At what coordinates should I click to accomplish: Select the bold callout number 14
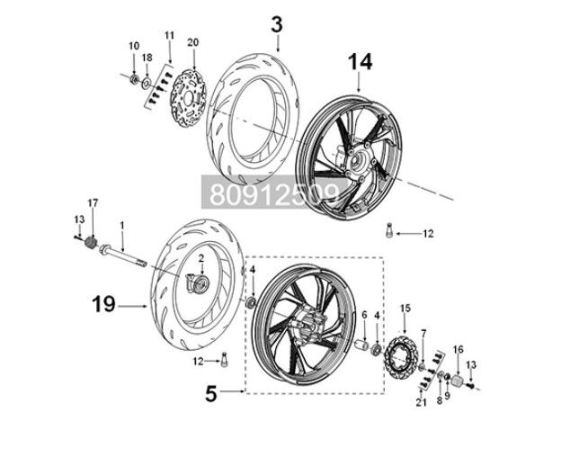(359, 61)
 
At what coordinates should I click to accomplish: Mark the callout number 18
(147, 57)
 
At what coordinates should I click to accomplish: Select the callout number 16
(458, 348)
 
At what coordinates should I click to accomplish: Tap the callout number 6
(365, 315)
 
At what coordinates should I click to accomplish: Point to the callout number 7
(423, 334)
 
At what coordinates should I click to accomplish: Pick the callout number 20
(191, 41)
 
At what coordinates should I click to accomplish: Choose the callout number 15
(405, 308)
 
